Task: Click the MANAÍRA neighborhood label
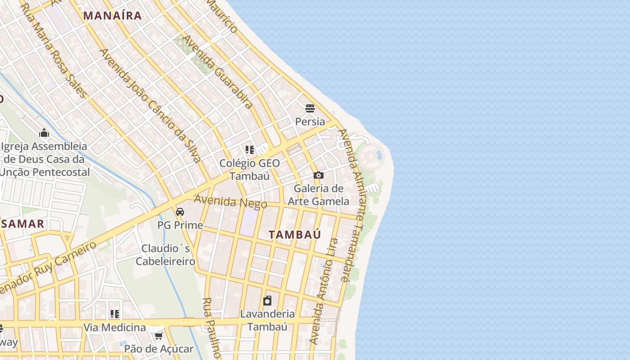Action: coord(112,16)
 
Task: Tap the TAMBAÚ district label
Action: coord(295,234)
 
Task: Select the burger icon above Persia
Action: coord(310,108)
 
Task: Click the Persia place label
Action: coord(310,121)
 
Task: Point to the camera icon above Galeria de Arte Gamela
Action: coord(319,175)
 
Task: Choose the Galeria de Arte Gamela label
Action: coord(319,194)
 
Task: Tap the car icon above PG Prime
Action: coord(180,211)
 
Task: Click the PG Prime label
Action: coord(180,225)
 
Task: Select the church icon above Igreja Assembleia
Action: coord(44,133)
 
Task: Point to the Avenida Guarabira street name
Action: coord(218,72)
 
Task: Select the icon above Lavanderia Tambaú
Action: coord(267,301)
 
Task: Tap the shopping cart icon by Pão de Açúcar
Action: coord(158,336)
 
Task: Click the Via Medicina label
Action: coord(115,327)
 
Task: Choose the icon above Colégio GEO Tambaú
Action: coord(250,150)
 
